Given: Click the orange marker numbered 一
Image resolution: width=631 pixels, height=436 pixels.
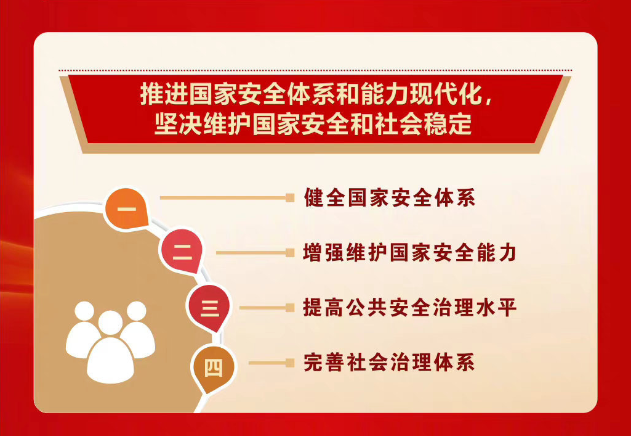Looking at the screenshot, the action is click(x=127, y=208).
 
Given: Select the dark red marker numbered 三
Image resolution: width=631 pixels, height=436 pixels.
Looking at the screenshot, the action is click(x=209, y=308).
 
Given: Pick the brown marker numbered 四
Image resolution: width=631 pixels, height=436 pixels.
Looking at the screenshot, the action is click(x=213, y=368).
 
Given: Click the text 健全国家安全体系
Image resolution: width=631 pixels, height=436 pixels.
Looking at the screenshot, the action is click(x=390, y=198).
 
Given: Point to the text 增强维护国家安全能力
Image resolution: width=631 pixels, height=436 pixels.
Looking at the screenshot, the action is click(x=409, y=253).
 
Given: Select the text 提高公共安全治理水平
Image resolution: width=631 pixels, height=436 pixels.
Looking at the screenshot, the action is click(x=409, y=308).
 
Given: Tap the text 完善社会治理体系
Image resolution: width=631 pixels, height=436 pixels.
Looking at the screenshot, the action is click(x=390, y=363).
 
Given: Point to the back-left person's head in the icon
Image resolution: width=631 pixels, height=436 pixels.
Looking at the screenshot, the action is click(x=84, y=311).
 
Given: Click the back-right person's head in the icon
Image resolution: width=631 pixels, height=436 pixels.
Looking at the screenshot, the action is click(x=137, y=311).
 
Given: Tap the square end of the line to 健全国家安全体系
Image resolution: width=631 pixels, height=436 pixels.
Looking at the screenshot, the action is click(x=290, y=198).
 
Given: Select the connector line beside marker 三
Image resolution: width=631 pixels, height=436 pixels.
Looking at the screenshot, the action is click(x=267, y=308).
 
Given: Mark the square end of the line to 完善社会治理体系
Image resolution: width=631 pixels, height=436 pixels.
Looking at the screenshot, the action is click(x=290, y=363).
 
